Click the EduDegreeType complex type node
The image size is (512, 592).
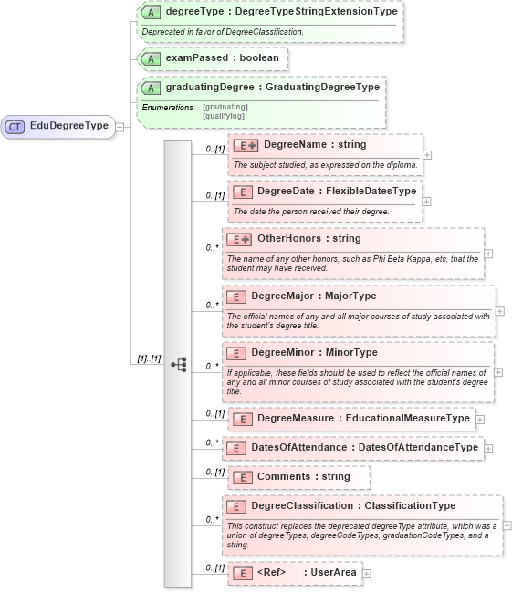coord(59,126)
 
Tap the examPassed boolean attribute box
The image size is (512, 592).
coord(213,58)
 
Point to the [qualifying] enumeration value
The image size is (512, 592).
coord(224,116)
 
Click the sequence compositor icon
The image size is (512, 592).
coord(178,364)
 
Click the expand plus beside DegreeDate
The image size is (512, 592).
coord(427,201)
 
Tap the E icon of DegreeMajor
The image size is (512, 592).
coord(236,296)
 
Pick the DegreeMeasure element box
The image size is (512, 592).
coord(350,419)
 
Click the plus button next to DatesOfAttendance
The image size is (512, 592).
coord(489,449)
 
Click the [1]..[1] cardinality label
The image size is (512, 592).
coord(148,359)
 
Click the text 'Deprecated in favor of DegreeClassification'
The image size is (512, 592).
coord(224,32)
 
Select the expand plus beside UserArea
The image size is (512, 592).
coord(366,573)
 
